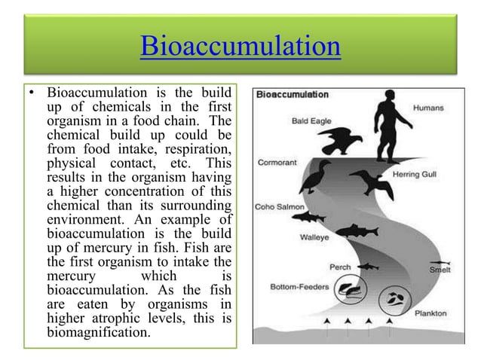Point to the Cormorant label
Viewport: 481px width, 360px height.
pos(277,160)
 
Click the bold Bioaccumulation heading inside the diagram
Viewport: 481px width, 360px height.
pos(294,94)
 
